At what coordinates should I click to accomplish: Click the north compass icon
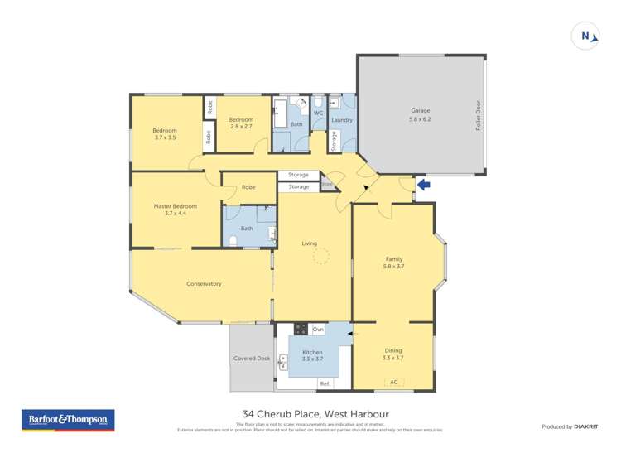586,36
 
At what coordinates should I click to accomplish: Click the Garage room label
421,110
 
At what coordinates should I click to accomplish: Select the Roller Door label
478,118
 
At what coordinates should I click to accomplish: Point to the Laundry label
341,120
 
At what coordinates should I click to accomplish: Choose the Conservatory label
204,284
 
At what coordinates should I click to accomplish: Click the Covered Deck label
252,358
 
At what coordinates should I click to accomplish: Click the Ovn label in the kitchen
318,330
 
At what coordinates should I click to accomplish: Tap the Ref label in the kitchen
325,383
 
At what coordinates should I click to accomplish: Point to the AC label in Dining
393,382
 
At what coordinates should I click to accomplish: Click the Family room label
393,258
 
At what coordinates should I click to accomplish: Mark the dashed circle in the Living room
320,257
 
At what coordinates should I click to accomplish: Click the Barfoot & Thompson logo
68,420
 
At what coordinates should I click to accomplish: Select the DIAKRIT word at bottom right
586,426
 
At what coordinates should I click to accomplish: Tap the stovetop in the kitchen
301,329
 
